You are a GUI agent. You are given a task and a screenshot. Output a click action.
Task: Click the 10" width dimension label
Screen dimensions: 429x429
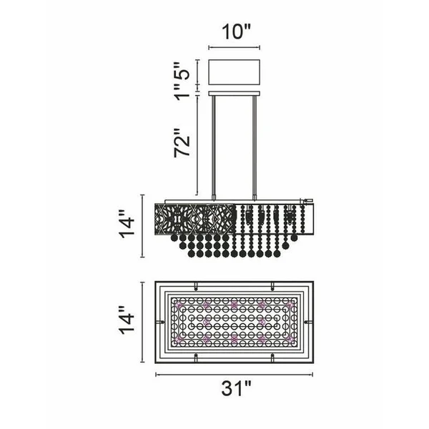click(235, 31)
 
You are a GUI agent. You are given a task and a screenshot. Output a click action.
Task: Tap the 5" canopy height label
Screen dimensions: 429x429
click(182, 71)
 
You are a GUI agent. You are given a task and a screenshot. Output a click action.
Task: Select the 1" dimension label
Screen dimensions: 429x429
click(182, 92)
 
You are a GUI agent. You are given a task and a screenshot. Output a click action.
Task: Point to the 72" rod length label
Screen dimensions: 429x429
click(182, 143)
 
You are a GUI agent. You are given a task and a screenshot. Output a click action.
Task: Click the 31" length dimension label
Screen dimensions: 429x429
click(235, 388)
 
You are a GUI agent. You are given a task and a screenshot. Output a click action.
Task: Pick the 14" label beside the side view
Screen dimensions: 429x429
click(127, 225)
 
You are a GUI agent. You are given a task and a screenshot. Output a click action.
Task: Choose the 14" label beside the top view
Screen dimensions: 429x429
click(127, 320)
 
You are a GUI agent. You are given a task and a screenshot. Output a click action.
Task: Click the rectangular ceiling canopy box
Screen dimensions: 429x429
click(235, 72)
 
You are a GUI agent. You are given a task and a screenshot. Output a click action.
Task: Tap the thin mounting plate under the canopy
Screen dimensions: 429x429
click(235, 94)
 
